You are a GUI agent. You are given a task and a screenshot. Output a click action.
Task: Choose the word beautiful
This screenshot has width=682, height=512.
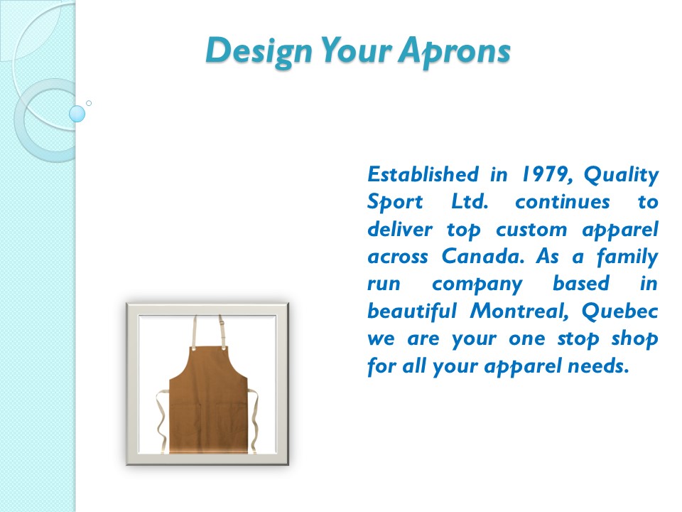(x=411, y=311)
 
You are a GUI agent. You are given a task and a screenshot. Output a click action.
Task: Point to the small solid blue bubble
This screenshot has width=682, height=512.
(x=77, y=114)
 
